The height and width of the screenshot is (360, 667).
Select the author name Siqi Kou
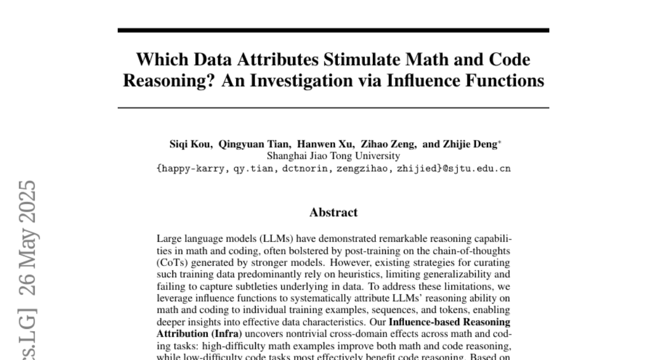point(191,144)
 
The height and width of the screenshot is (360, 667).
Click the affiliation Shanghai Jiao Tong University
point(333,156)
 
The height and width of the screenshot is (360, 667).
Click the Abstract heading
point(333,212)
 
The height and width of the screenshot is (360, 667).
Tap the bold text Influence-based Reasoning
point(450,322)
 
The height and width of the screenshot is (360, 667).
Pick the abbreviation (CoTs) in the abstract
point(170,262)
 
